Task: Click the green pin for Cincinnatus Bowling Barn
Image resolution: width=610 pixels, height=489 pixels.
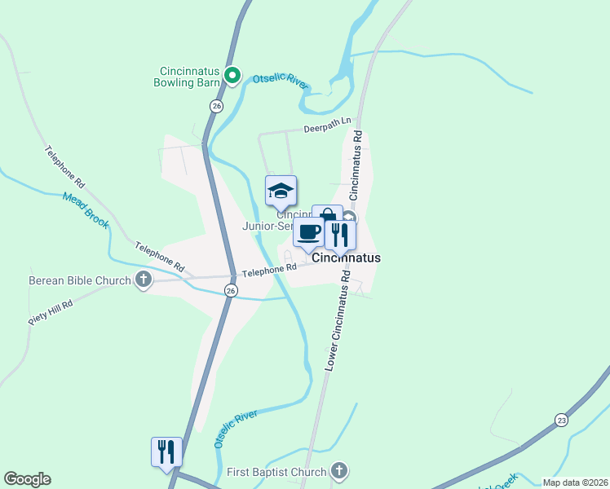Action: coord(232,76)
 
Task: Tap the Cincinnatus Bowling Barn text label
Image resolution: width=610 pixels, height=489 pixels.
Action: coord(188,76)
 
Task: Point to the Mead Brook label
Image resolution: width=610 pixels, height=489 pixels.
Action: coord(86,210)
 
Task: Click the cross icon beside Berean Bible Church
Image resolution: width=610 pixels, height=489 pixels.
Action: coord(143,280)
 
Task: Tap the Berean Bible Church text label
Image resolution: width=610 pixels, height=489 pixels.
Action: coord(80,280)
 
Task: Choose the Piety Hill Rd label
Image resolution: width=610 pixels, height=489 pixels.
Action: coord(51,312)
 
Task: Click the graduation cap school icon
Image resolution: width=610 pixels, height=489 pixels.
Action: coord(281,191)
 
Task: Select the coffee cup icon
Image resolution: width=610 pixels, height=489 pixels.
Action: coord(308,232)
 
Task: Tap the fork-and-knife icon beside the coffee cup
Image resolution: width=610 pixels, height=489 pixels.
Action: coord(340,235)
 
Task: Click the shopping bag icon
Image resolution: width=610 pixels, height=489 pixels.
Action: coord(327,214)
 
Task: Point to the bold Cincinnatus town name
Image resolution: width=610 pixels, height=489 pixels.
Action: coord(347,258)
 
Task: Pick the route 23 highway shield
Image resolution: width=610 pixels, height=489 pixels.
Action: coord(561,420)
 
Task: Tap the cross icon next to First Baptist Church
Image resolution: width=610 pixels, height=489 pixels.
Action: coord(340,472)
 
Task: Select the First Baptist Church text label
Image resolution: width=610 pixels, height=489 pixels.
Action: coord(277,472)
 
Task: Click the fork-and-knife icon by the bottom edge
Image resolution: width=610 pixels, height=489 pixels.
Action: coord(166,452)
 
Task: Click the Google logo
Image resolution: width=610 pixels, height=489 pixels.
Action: coord(27,479)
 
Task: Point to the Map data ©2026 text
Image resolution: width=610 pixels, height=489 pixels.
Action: coord(575,482)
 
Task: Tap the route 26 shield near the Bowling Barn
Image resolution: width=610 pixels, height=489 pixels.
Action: coord(215,106)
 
